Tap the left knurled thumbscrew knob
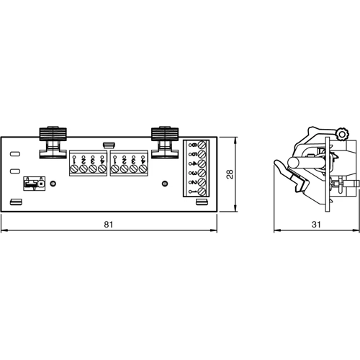[53, 133]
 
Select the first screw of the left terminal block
[73, 169]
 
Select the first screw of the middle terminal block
[115, 169]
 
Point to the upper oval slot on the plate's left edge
[14, 153]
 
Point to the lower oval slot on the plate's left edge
[14, 171]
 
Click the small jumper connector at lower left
[31, 184]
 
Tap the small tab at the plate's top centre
[108, 144]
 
